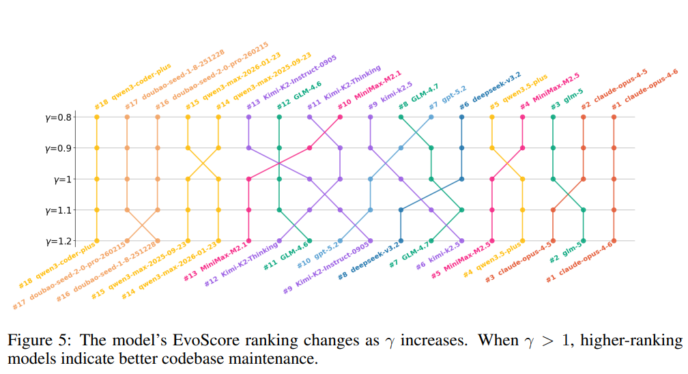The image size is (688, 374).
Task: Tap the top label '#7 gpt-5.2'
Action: click(447, 95)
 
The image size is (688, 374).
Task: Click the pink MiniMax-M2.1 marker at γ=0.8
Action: click(340, 117)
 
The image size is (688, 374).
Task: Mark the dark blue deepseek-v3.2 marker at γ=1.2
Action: click(401, 241)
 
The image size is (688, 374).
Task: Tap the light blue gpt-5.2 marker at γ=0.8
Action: click(431, 117)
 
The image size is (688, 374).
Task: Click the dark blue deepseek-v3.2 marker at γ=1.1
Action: click(401, 210)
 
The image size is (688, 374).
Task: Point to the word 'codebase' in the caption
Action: click(201, 358)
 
